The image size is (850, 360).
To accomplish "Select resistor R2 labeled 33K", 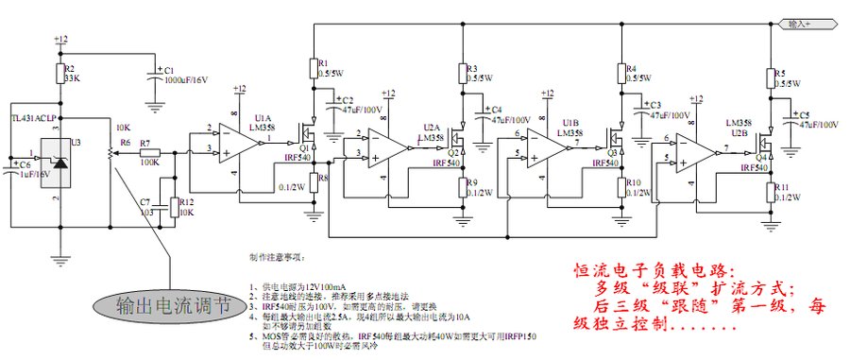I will pyautogui.click(x=61, y=73).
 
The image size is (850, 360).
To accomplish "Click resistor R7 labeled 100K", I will pyautogui.click(x=147, y=152).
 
